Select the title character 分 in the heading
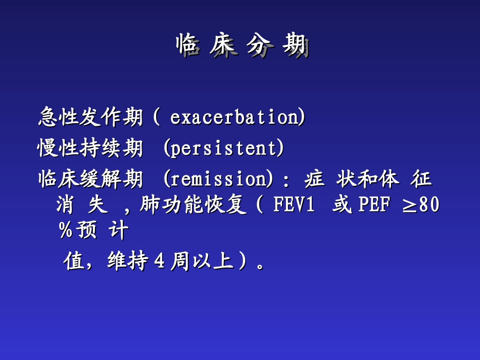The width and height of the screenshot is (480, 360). [x=259, y=47]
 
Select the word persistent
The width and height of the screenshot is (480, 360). [x=222, y=148]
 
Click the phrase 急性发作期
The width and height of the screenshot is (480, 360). [x=90, y=118]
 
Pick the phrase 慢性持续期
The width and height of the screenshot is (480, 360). [x=90, y=148]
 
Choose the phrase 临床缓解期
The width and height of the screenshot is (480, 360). [x=90, y=179]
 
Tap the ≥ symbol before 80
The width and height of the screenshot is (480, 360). [x=409, y=206]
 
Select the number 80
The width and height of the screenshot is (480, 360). [x=429, y=205]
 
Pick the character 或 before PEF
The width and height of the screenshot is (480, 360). [x=342, y=205]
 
